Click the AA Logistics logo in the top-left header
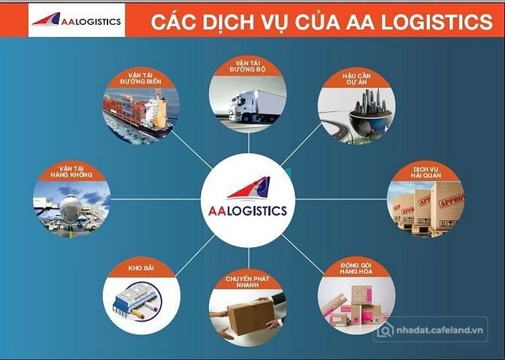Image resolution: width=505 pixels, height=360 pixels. point(77,20)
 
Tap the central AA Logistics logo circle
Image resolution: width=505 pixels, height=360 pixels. point(248,200)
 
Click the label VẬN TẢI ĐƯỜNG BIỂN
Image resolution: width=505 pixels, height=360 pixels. point(141,78)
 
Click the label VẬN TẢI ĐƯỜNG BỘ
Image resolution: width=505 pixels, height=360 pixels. point(248,66)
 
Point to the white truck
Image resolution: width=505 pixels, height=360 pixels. point(257,106)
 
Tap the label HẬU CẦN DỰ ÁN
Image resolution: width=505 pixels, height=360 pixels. point(356,79)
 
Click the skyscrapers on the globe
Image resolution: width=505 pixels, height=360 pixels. point(371,101)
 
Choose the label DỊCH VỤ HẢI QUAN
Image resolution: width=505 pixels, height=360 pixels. point(426,172)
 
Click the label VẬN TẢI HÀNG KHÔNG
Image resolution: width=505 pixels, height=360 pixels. point(71,171)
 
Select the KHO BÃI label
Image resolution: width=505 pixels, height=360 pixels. point(141,268)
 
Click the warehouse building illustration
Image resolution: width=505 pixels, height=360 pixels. point(136,301)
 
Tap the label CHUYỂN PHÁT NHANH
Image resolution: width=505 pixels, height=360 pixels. point(247,282)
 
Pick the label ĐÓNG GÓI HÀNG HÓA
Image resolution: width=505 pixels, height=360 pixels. point(356,268)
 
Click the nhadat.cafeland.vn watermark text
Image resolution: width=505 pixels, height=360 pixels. point(440,330)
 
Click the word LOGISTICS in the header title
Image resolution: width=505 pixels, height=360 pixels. point(437,22)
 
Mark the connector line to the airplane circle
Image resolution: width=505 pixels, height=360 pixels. point(156,199)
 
